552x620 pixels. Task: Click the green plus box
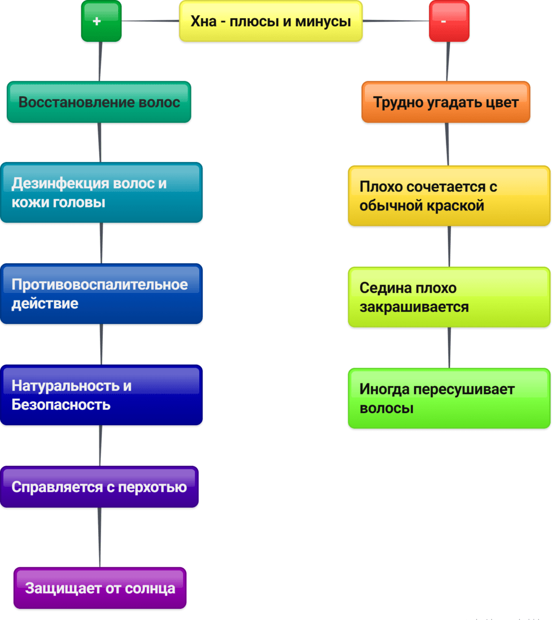[x=101, y=21]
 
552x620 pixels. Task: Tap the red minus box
[x=449, y=21]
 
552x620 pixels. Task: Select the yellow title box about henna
[x=271, y=21]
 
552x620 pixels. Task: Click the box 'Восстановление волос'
[x=99, y=102]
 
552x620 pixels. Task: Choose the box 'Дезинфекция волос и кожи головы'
[x=101, y=192]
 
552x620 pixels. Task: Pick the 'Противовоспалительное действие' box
[x=101, y=293]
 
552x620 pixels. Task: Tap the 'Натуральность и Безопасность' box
[x=101, y=395]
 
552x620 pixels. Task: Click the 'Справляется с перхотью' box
[x=99, y=487]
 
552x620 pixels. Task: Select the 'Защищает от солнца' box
[x=100, y=588]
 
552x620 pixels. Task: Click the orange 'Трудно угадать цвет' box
[x=446, y=102]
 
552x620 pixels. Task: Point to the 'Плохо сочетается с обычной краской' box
[x=449, y=196]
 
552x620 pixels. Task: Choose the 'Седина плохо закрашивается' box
[x=449, y=297]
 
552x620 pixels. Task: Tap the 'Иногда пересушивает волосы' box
[x=449, y=398]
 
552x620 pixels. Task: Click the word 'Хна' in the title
[x=203, y=21]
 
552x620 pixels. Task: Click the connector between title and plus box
[x=150, y=21]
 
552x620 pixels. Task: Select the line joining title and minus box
[x=396, y=21]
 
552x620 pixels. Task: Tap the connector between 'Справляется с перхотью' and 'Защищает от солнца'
[x=100, y=537]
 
